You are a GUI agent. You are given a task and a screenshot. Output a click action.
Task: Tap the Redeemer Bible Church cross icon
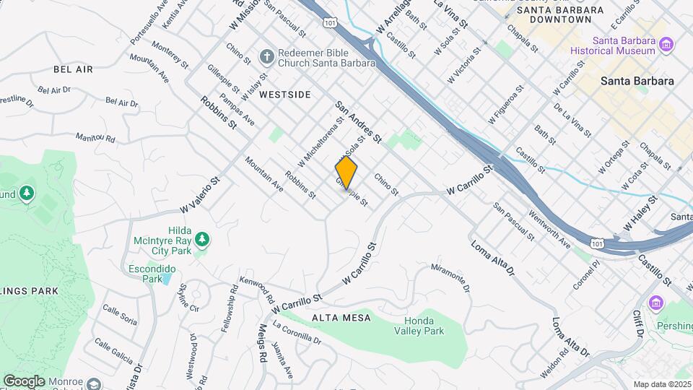point(266,56)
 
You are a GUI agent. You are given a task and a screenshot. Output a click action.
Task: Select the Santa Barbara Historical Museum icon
point(666,45)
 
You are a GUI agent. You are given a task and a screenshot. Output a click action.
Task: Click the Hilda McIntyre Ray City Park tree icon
point(203,238)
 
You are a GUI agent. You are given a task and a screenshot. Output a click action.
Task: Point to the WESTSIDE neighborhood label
point(284,95)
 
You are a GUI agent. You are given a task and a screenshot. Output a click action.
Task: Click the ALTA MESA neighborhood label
point(341,318)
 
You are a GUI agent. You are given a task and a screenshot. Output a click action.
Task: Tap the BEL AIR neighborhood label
point(73,69)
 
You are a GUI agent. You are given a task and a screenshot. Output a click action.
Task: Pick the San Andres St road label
point(357,121)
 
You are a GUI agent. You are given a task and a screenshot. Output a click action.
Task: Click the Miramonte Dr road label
point(450,277)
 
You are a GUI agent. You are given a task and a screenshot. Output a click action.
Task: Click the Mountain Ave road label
point(263,175)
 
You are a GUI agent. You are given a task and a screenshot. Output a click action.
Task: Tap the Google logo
point(24,381)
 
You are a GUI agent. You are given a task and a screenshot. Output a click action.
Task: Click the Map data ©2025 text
point(661,384)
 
